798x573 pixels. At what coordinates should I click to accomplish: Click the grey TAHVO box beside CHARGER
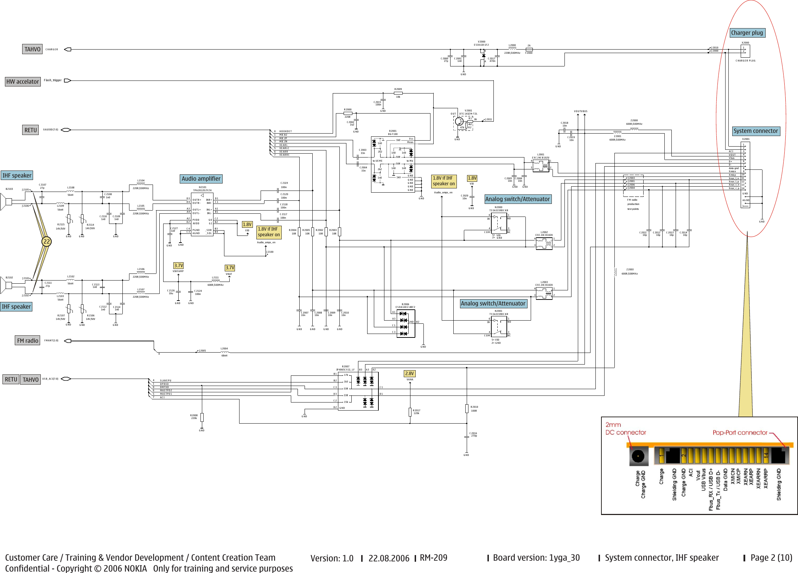pos(32,49)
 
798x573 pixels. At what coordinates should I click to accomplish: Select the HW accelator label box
pos(23,82)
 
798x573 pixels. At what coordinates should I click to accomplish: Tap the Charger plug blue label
pos(747,33)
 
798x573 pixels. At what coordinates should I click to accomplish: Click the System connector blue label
pos(756,131)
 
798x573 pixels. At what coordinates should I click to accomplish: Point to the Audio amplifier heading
pos(201,179)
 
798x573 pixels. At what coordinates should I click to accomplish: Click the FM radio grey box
pos(27,341)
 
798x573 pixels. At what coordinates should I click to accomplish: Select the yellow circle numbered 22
pos(46,241)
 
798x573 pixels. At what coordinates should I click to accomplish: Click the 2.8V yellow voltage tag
pos(410,374)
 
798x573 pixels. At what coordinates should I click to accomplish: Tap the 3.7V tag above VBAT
pos(230,268)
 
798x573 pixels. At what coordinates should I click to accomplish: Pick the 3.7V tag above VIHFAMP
pos(178,265)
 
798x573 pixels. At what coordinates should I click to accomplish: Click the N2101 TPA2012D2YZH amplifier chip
pos(202,214)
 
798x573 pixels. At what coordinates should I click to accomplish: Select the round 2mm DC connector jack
pos(638,457)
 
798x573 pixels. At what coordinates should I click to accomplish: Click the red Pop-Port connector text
pos(740,433)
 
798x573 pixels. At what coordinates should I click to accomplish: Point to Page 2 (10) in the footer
pos(771,558)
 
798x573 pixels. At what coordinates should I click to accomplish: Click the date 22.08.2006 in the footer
pos(389,558)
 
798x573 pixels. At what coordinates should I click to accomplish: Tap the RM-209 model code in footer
pos(434,558)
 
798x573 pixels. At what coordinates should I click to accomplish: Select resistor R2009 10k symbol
pos(398,93)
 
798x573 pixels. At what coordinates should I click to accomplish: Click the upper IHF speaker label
pos(17,175)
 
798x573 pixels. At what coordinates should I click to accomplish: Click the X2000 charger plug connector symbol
pos(745,51)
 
